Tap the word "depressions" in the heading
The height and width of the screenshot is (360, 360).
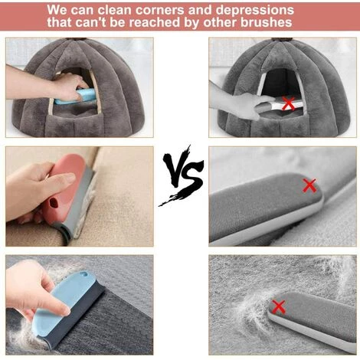click(254, 10)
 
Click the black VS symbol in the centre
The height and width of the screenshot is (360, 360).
click(182, 176)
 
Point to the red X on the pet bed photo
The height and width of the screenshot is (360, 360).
click(288, 103)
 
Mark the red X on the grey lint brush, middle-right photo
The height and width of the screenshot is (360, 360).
click(309, 185)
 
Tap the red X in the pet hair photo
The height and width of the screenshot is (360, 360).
click(278, 306)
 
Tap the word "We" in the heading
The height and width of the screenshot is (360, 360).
click(57, 10)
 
